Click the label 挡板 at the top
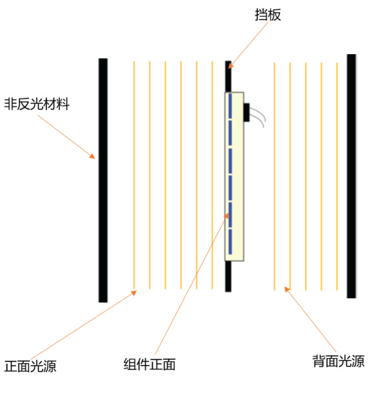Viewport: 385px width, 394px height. [268, 15]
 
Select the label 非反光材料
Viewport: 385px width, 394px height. [37, 104]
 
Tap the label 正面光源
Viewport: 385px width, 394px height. [30, 366]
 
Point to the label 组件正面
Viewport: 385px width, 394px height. [150, 364]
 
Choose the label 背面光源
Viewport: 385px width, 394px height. [339, 361]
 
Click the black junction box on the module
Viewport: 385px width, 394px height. [246, 112]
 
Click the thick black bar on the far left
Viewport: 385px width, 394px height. [103, 180]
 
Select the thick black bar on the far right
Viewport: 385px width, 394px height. [351, 176]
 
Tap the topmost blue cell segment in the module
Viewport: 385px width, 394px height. [230, 106]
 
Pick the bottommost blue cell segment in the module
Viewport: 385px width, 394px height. [230, 241]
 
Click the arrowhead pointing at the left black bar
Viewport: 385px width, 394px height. [92, 156]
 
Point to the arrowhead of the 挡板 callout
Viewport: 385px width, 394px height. [231, 66]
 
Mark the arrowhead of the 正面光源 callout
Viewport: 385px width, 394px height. [134, 293]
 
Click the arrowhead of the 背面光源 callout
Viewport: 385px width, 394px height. [287, 289]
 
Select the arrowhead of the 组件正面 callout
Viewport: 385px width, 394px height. [226, 216]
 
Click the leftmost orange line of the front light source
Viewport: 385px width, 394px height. [134, 175]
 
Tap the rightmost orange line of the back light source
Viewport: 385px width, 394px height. [337, 176]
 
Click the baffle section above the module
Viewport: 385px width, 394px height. [228, 77]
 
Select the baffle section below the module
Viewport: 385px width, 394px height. [228, 276]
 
